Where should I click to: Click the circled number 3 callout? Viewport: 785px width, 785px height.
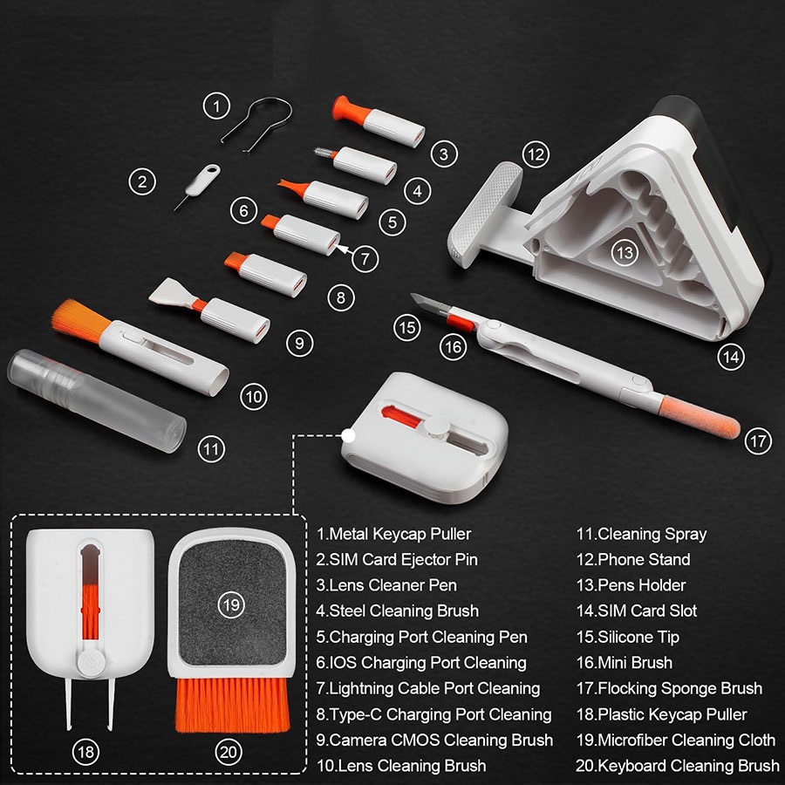coord(444,154)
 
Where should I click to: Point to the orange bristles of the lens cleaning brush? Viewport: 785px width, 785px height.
coord(80,317)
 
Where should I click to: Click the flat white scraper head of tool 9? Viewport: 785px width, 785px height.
coord(169,292)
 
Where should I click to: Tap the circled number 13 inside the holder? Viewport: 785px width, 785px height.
coord(625,252)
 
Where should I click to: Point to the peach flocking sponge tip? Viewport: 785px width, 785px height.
coord(700,417)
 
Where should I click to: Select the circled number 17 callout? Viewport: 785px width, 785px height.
coord(758,441)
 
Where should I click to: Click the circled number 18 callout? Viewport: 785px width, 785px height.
coord(86,752)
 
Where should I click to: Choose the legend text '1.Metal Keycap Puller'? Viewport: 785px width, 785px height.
coord(393,534)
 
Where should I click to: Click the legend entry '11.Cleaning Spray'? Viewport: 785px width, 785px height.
coord(641,534)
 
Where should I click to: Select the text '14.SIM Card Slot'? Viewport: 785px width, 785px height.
coord(637,611)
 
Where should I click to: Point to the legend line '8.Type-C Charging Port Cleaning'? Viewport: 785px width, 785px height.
coord(433,714)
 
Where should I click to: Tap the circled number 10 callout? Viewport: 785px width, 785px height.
coord(254,397)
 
